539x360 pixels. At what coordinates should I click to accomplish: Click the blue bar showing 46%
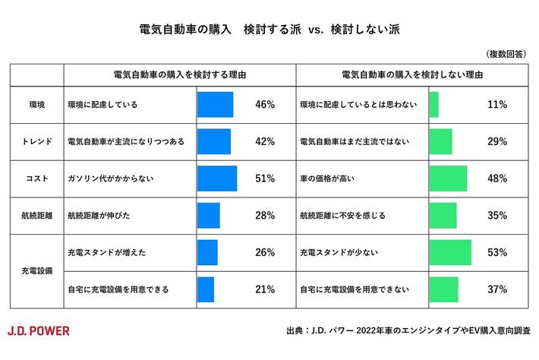click(215, 105)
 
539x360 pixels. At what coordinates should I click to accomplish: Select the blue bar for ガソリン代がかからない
click(217, 178)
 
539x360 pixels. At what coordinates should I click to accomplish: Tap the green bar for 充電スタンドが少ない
click(450, 252)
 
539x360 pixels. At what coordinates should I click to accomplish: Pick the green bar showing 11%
click(433, 105)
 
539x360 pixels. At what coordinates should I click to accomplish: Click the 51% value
click(265, 178)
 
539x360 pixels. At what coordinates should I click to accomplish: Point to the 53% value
click(496, 252)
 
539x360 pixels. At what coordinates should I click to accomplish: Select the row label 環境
click(36, 105)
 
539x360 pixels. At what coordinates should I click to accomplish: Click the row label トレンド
click(36, 141)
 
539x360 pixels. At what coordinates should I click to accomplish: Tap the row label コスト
click(36, 178)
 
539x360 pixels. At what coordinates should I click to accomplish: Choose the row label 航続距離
click(36, 215)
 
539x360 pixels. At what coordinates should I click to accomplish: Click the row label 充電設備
click(36, 270)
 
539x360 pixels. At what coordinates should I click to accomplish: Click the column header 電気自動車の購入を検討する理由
click(179, 76)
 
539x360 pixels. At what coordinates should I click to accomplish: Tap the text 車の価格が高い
click(329, 178)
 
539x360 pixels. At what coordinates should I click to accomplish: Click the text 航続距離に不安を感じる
click(343, 215)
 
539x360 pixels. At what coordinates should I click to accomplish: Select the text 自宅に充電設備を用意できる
click(118, 289)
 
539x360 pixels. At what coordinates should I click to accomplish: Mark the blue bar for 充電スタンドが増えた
click(207, 252)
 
